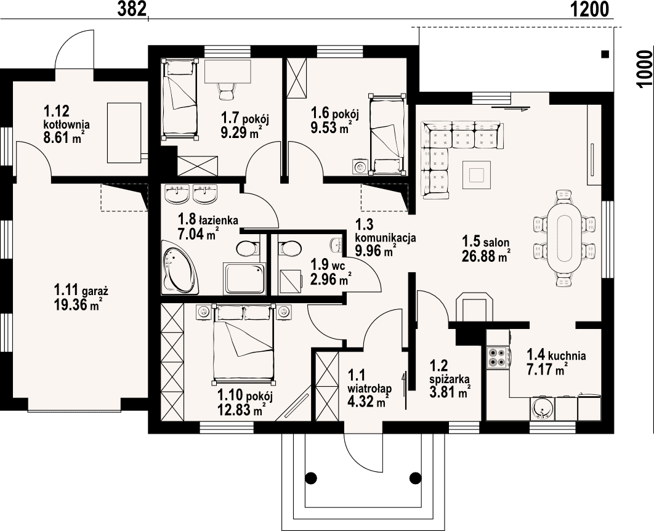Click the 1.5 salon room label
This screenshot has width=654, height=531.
click(x=485, y=241)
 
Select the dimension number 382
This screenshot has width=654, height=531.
click(x=132, y=9)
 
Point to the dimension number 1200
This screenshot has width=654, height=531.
click(x=590, y=9)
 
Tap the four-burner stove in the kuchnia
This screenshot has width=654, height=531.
click(x=496, y=357)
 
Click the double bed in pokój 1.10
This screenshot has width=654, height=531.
click(x=244, y=344)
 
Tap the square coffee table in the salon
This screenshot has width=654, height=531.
click(x=476, y=174)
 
